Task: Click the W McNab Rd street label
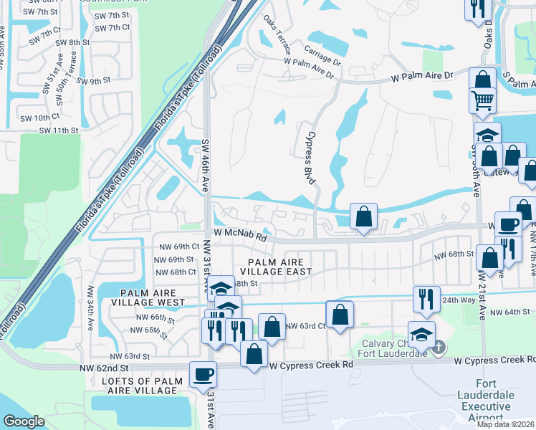(239, 234)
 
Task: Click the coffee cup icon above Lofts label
(203, 373)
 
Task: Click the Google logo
(24, 421)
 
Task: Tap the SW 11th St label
(58, 130)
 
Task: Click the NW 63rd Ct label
(306, 326)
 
